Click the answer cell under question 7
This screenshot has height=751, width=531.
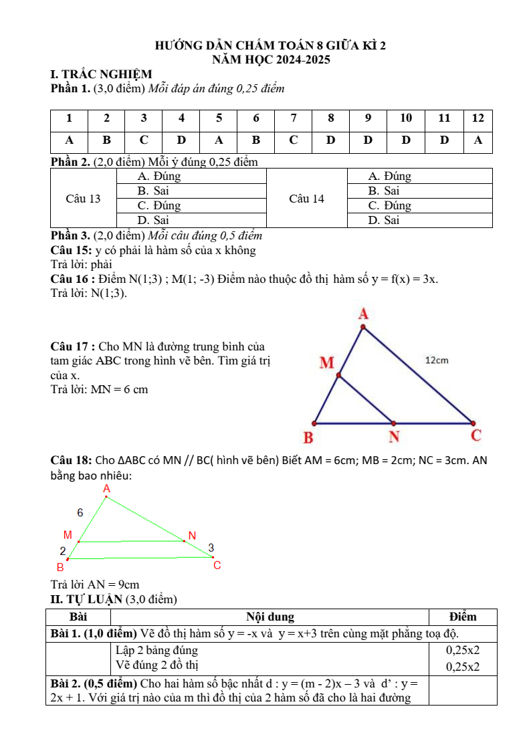[x=294, y=141]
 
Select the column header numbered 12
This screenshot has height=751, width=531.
[x=477, y=118]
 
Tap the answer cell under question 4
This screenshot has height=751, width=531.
[x=181, y=141]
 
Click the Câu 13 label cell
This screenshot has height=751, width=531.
[x=84, y=199]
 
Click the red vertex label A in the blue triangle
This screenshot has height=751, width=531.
[x=364, y=313]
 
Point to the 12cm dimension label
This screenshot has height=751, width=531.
[x=437, y=360]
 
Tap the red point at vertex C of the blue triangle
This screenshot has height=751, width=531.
[x=473, y=423]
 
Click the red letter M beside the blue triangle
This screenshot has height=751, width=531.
[x=326, y=363]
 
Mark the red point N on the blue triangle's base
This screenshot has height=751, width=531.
[x=393, y=423]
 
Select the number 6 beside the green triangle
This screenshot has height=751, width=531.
[x=80, y=513]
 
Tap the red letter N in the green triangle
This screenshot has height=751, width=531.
[x=192, y=535]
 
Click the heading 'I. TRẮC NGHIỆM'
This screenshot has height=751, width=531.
[x=102, y=74]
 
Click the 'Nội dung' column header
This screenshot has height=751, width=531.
[x=270, y=617]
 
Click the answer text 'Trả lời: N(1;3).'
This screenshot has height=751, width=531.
[x=89, y=293]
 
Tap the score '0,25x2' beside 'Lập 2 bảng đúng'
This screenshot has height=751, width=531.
[x=463, y=649]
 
